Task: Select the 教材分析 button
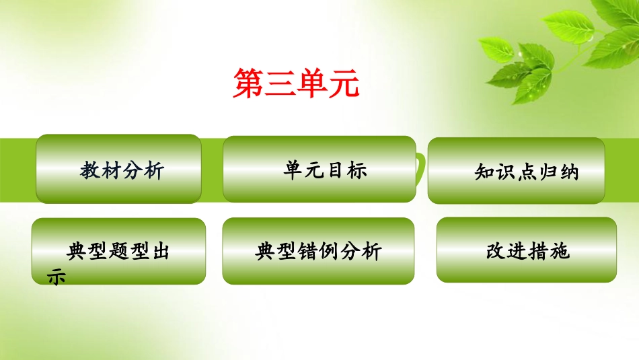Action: pyautogui.click(x=119, y=170)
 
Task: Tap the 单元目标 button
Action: pyautogui.click(x=319, y=170)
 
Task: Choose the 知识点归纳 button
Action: pyautogui.click(x=516, y=171)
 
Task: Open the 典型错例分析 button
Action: pyautogui.click(x=318, y=252)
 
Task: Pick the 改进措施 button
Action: pyautogui.click(x=527, y=251)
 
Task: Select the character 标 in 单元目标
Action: pyautogui.click(x=357, y=170)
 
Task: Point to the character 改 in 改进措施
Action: pyautogui.click(x=496, y=252)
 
